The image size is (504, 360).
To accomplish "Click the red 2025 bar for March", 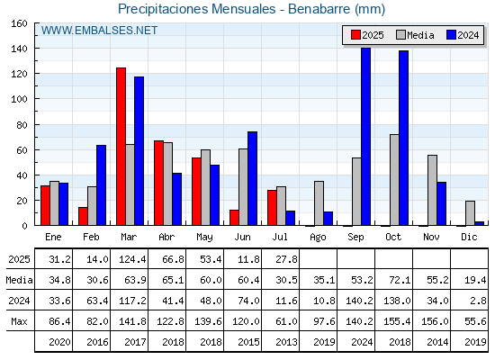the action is tap(121, 147).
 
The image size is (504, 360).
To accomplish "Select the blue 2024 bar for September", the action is tap(365, 137).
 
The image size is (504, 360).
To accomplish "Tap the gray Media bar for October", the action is tap(394, 180).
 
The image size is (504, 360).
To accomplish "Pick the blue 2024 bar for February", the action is tap(101, 185).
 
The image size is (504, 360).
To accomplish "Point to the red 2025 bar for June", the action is tap(234, 218).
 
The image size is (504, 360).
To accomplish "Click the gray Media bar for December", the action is tap(470, 213).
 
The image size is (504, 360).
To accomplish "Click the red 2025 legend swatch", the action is tap(355, 35).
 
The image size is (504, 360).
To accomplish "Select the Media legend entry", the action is tap(415, 35).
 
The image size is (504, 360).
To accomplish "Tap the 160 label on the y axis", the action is tap(20, 23).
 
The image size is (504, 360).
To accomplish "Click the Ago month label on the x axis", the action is tap(318, 238).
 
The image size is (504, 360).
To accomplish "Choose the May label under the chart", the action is tap(205, 238).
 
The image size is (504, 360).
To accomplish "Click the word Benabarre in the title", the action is tap(319, 9).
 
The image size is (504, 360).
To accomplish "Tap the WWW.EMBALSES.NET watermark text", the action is tap(99, 31).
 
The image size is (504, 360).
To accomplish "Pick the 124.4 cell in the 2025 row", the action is tap(132, 259).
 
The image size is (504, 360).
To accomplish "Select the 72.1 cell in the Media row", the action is tap(400, 280).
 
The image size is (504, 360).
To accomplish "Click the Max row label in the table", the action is tap(19, 321).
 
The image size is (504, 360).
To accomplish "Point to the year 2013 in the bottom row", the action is tap(286, 342).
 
